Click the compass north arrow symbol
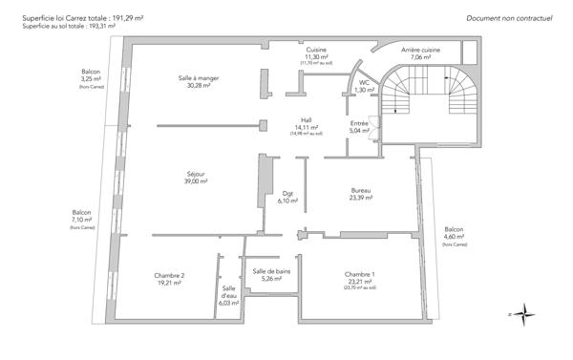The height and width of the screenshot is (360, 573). coord(527,314)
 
